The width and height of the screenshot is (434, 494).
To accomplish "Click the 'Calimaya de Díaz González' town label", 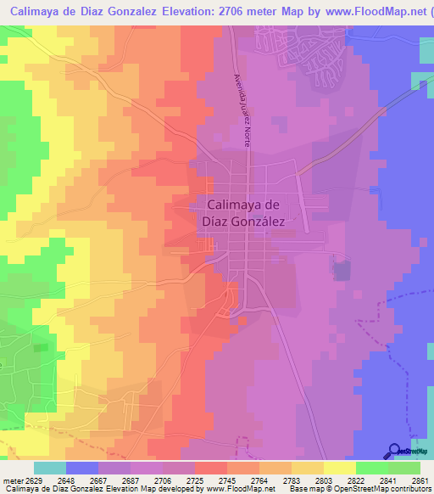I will [x=243, y=211].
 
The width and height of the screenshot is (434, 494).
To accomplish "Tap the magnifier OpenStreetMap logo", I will [x=395, y=451].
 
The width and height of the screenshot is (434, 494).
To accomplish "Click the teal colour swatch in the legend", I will [x=50, y=468].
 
